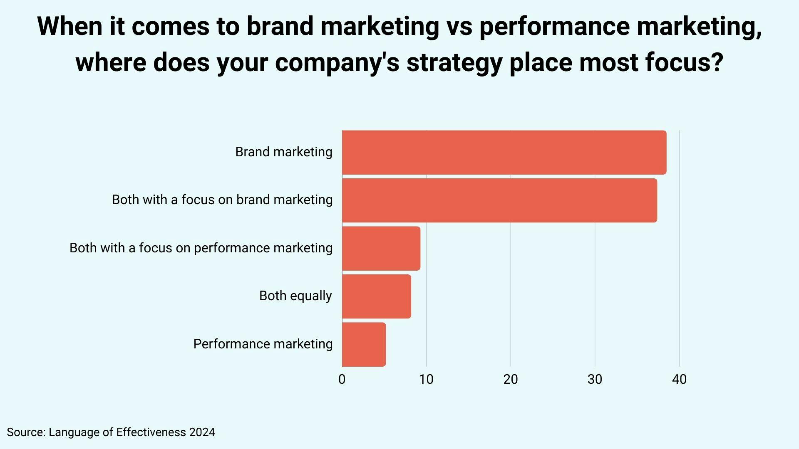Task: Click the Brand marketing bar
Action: coord(504,152)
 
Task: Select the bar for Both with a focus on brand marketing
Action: coord(499,200)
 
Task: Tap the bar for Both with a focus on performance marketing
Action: coord(381,248)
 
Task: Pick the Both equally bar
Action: coord(377,296)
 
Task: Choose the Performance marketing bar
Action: coord(364,344)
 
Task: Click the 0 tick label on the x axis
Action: coord(342,380)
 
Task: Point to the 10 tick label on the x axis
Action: coord(426,380)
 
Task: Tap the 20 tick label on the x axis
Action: coord(511,380)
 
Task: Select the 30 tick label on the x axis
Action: coord(595,380)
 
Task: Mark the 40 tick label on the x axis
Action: coord(679,380)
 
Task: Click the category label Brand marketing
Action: coord(284,152)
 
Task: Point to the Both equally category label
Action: coord(295,296)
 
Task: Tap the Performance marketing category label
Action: coord(263,344)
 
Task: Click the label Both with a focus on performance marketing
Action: coord(201,248)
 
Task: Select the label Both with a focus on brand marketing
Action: coord(222,200)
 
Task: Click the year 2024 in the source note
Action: coord(202,432)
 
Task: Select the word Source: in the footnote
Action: coord(26,432)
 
